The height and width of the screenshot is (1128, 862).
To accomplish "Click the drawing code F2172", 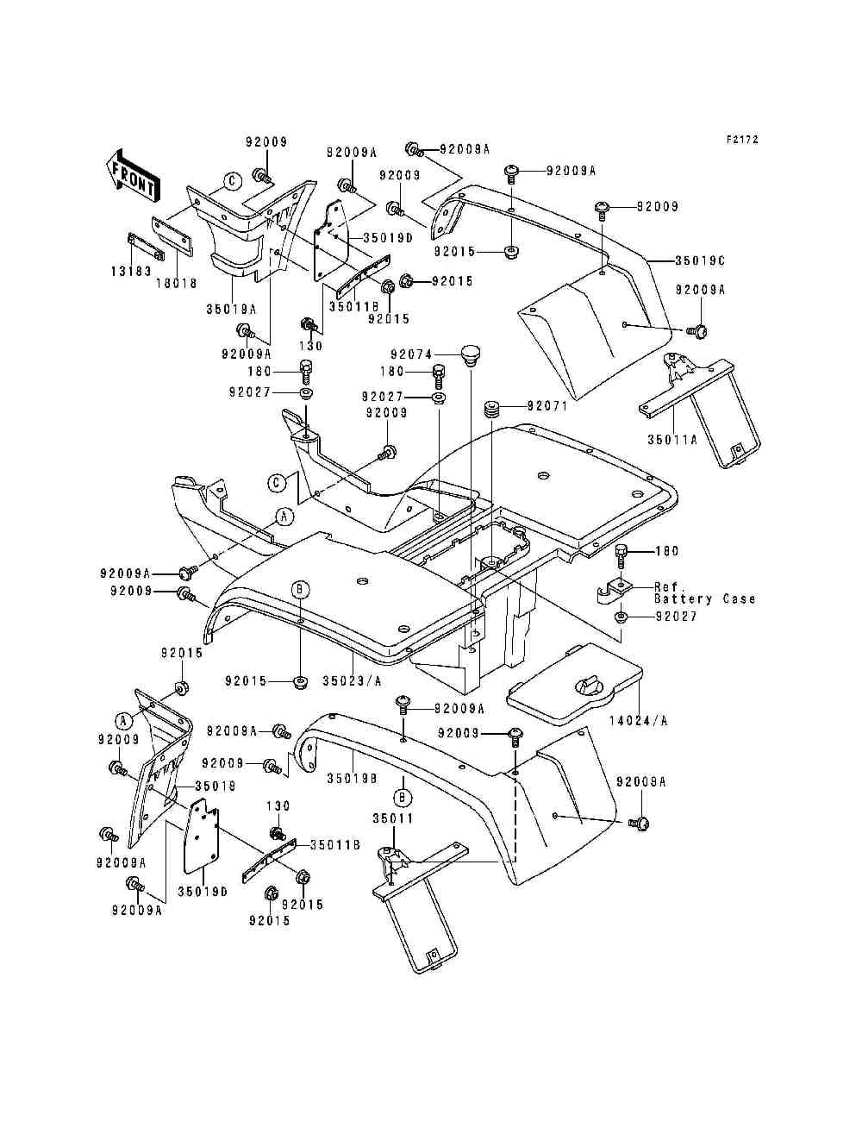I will pyautogui.click(x=741, y=139).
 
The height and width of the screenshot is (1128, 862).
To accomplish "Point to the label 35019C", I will pyautogui.click(x=698, y=259).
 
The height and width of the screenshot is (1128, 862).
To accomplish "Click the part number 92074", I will pyautogui.click(x=409, y=354).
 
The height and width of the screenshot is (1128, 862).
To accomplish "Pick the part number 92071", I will pyautogui.click(x=547, y=405).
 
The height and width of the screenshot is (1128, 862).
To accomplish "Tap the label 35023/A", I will pyautogui.click(x=352, y=680).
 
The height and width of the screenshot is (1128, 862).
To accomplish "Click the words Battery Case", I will pyautogui.click(x=704, y=598).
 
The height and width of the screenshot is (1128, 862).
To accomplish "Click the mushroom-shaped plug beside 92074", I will pyautogui.click(x=469, y=354).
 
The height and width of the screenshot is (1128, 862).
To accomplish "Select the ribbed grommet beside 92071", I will pyautogui.click(x=492, y=407).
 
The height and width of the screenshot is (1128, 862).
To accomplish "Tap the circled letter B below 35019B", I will pyautogui.click(x=402, y=794).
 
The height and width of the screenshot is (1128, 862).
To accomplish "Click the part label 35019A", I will pyautogui.click(x=230, y=306).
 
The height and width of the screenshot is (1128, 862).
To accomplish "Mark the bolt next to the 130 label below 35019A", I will pyautogui.click(x=307, y=325).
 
